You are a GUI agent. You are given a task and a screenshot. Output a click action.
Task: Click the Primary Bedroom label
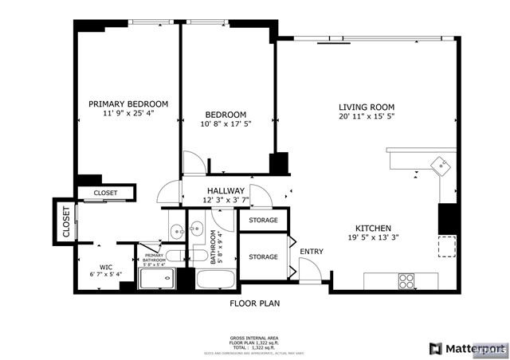click(x=128, y=104)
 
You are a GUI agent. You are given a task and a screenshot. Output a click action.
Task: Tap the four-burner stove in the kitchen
click(x=406, y=281)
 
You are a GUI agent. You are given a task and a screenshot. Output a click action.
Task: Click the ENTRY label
click(x=312, y=252)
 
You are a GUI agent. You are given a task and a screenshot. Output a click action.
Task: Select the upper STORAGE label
click(x=263, y=220)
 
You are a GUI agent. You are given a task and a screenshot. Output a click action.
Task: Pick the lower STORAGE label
click(x=263, y=257)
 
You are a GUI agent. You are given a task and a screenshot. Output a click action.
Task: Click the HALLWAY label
click(x=226, y=191)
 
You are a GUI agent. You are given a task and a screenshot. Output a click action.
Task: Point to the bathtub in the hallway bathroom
click(x=215, y=280)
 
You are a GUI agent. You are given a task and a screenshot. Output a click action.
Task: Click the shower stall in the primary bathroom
click(x=157, y=279)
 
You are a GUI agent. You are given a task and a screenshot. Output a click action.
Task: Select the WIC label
click(x=106, y=268)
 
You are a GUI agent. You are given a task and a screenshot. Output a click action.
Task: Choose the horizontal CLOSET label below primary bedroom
click(x=105, y=193)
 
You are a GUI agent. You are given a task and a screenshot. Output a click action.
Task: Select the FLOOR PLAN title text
click(x=255, y=303)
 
